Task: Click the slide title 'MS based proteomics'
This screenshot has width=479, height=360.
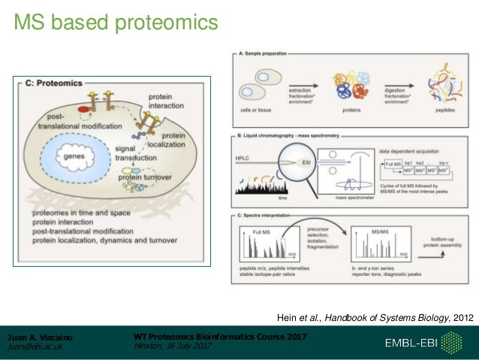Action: pos(116,25)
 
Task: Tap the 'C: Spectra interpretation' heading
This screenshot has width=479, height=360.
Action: pos(272,216)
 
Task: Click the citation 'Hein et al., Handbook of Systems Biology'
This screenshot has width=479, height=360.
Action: pos(375,318)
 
